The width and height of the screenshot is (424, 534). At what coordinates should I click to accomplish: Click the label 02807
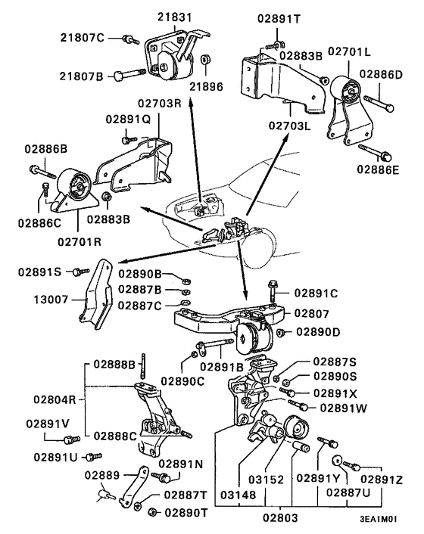pyautogui.click(x=312, y=312)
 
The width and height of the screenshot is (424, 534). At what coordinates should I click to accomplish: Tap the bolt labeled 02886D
pyautogui.click(x=376, y=98)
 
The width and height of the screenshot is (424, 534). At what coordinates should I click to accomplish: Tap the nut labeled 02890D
pyautogui.click(x=280, y=332)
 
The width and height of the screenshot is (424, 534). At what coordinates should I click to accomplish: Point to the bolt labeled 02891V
pyautogui.click(x=71, y=438)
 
